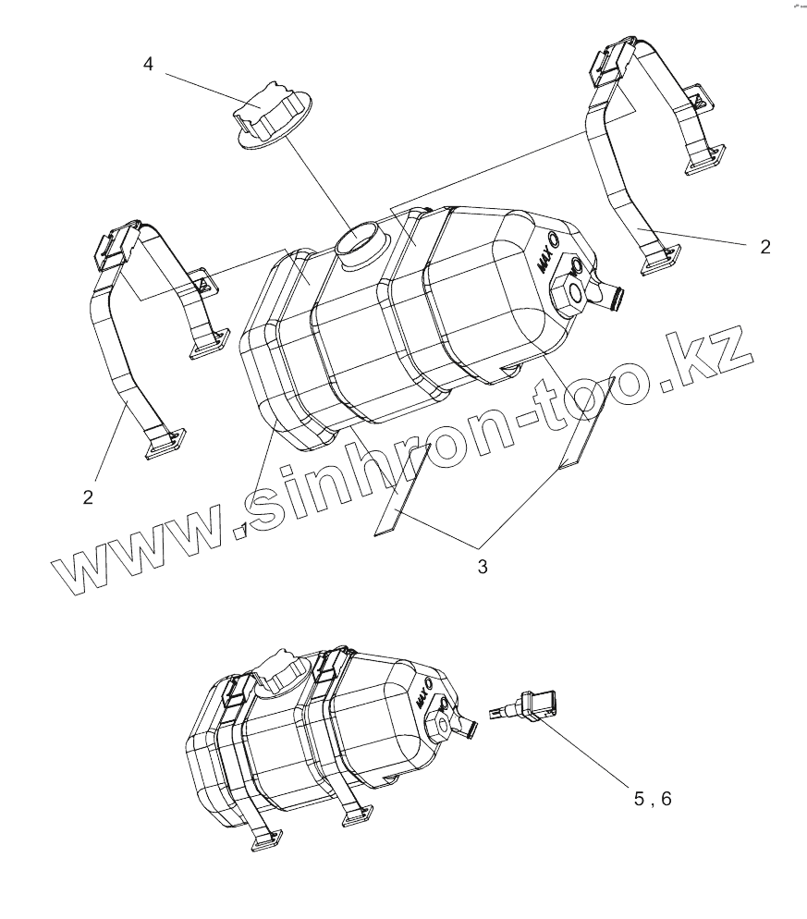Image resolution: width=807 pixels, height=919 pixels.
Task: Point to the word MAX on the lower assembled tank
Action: click(x=424, y=695)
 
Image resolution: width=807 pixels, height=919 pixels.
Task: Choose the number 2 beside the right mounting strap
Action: click(x=764, y=246)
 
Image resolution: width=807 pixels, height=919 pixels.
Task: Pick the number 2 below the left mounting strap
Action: click(x=88, y=496)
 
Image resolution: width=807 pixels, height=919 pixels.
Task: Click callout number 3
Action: click(x=482, y=567)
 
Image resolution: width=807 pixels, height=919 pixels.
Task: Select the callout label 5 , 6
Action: click(x=653, y=798)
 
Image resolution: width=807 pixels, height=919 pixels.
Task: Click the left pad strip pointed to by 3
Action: click(x=401, y=490)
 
